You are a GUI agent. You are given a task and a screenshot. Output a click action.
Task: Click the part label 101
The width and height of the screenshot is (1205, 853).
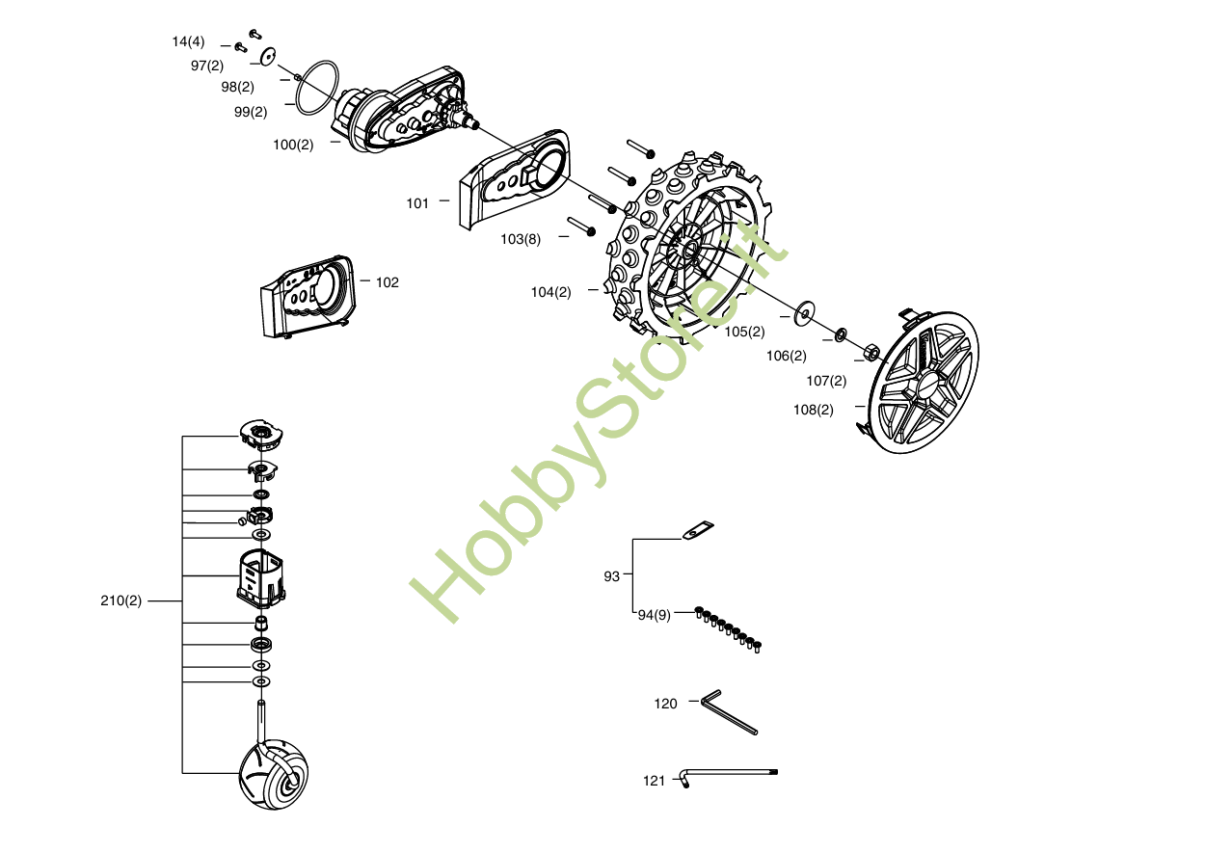[417, 203]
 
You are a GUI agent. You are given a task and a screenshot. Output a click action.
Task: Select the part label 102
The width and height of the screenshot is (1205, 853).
[387, 282]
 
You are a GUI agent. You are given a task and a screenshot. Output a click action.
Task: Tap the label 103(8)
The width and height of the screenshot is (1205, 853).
[521, 239]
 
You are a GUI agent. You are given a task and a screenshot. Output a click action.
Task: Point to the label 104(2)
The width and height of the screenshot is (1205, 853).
[550, 292]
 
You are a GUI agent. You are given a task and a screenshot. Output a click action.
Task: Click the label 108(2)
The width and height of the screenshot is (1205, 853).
[813, 410]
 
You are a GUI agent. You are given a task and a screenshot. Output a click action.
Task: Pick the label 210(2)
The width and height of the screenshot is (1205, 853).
[120, 600]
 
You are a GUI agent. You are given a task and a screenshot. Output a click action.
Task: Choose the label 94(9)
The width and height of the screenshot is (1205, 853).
[654, 615]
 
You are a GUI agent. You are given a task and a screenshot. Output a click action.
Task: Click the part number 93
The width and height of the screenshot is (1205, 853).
[611, 576]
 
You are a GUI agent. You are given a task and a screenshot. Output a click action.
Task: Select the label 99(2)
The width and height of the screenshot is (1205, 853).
[251, 112]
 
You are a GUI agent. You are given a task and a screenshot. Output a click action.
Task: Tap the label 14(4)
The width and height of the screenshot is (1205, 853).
[188, 41]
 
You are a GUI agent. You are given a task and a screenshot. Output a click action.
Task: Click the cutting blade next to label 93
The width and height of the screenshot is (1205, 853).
[699, 530]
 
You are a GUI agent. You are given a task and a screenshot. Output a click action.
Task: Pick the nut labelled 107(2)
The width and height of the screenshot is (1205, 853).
[870, 351]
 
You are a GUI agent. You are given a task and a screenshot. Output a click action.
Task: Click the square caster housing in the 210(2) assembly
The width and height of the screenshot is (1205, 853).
[260, 577]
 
